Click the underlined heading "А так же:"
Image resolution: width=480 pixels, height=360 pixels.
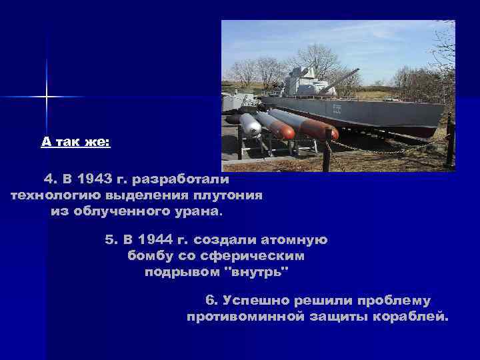75,142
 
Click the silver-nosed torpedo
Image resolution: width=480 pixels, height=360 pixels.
250,125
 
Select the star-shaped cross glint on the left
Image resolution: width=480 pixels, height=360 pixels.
47,97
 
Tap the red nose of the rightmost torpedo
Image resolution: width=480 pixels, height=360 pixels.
331,133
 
